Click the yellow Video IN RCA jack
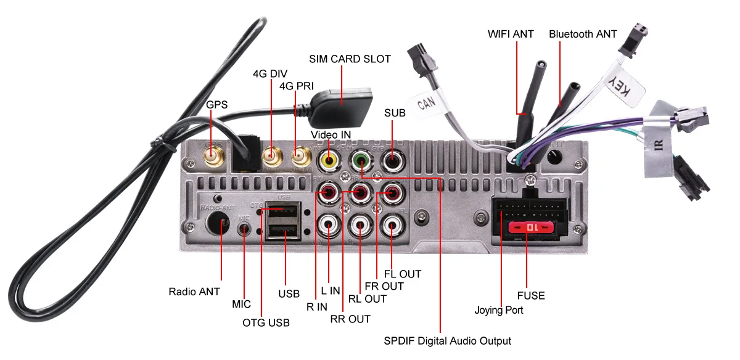[329, 161]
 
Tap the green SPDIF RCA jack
[361, 161]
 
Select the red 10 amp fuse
[531, 227]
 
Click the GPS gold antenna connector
[214, 156]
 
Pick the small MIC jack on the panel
[244, 229]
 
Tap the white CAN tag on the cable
[427, 103]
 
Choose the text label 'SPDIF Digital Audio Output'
[447, 341]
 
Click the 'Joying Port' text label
[499, 310]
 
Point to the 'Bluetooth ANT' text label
[583, 34]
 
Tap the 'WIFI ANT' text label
[511, 34]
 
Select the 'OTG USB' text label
[266, 322]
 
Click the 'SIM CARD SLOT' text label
[350, 59]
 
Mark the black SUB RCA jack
[392, 161]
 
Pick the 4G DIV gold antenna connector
[272, 156]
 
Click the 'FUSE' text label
[531, 296]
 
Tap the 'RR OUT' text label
[350, 319]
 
